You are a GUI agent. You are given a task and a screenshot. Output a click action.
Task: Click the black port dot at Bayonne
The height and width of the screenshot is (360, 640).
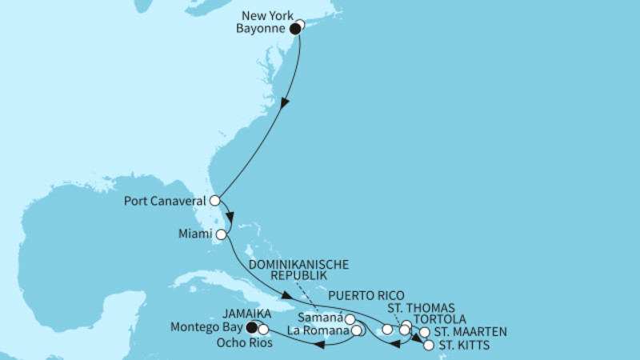294,28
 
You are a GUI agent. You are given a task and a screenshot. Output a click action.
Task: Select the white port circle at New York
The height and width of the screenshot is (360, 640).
301,24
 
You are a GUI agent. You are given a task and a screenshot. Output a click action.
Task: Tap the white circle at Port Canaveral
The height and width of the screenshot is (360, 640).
214,200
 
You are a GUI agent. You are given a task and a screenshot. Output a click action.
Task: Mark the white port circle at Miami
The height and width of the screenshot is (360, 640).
221,235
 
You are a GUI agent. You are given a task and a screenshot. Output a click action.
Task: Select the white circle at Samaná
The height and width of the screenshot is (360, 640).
350,321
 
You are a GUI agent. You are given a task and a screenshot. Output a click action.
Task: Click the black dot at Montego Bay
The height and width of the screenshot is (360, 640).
252,326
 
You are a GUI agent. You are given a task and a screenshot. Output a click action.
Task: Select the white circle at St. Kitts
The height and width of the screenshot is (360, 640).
428,346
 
